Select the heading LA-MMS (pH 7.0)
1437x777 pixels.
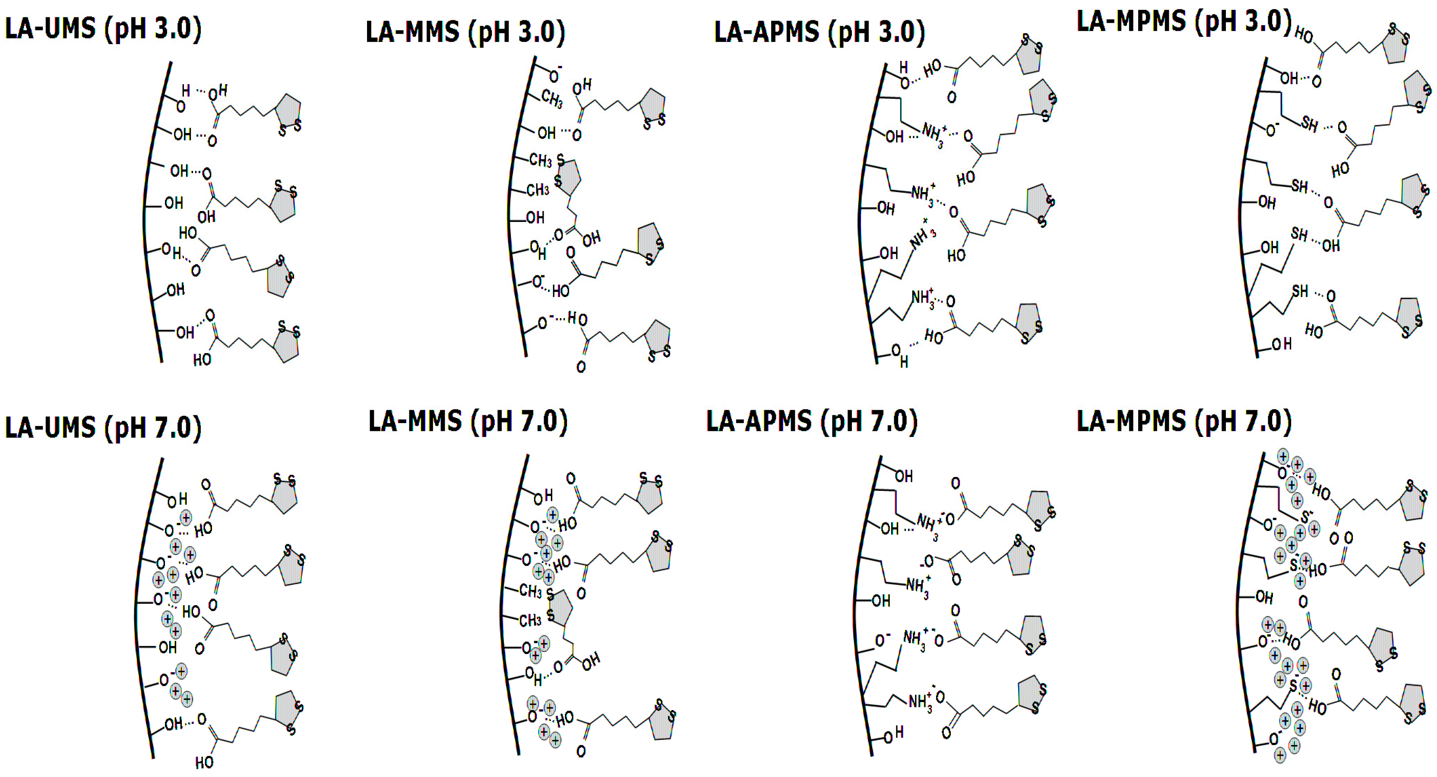(468, 421)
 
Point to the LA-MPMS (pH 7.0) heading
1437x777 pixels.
(1184, 421)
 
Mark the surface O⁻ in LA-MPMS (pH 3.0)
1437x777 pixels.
(1271, 130)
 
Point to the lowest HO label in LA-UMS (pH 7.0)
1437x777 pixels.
(204, 761)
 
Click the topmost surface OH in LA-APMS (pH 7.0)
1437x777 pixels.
(904, 476)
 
